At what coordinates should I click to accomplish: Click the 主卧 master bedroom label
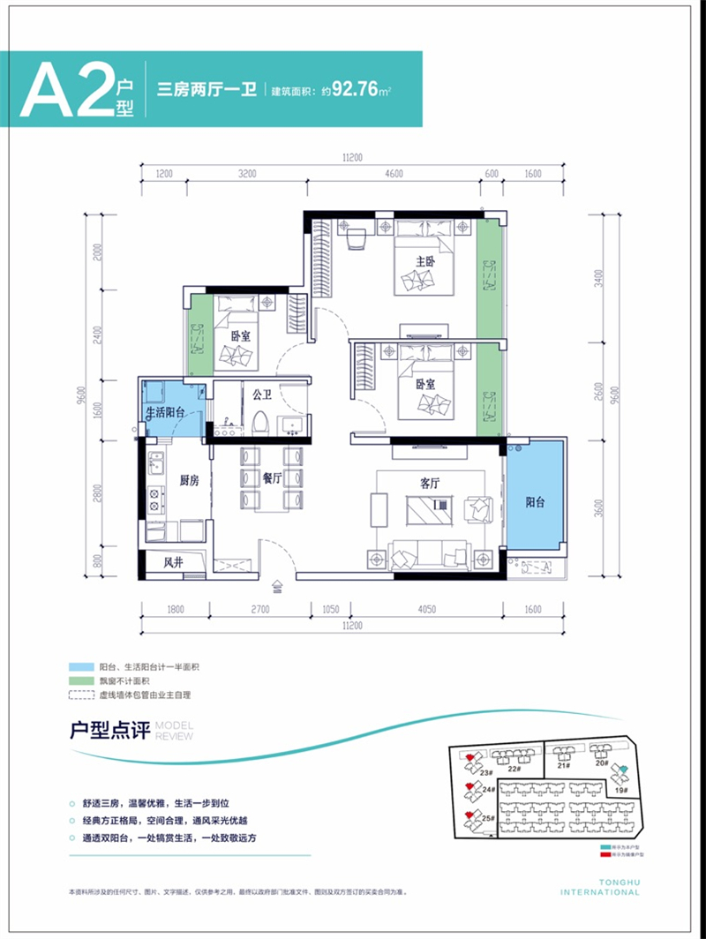426,261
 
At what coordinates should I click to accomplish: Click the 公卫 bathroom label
260,395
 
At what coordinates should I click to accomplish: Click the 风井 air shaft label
174,561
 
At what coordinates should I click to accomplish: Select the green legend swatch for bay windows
79,681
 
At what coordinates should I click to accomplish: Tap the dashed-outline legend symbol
79,695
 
